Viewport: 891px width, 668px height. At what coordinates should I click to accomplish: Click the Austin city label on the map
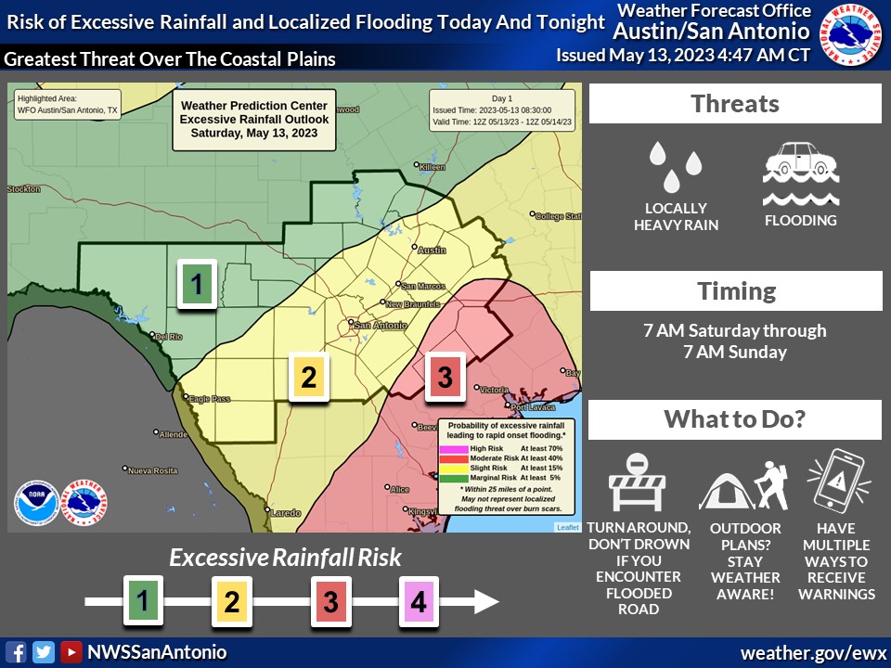tap(432, 250)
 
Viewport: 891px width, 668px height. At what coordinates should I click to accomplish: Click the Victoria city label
tap(493, 389)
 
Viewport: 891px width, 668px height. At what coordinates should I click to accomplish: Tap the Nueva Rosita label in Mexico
tap(152, 470)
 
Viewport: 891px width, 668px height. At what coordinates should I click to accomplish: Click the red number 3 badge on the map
tap(445, 377)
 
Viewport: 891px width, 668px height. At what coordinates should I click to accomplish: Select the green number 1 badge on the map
tap(197, 283)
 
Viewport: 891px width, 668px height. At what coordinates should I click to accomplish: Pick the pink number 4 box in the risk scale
tap(418, 601)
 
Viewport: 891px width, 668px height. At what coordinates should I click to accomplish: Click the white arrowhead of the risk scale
tap(484, 601)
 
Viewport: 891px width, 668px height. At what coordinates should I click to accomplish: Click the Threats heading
tap(735, 103)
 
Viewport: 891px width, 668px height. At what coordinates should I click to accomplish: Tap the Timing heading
tap(736, 290)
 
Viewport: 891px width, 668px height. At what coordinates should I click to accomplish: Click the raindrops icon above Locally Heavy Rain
tap(676, 165)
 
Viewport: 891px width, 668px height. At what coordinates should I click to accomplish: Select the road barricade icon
tap(638, 483)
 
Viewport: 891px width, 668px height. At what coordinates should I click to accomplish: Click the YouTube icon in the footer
tap(71, 652)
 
